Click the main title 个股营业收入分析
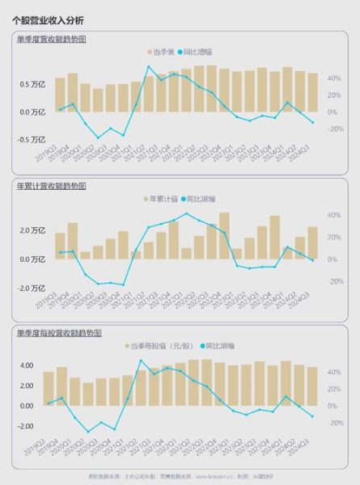(x=48, y=19)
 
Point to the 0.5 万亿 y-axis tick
(x=32, y=84)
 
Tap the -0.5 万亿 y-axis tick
(x=31, y=139)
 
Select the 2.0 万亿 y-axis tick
(x=32, y=230)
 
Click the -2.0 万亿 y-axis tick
(x=31, y=288)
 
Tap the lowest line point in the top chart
(x=98, y=137)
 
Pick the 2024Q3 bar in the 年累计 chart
(x=312, y=243)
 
